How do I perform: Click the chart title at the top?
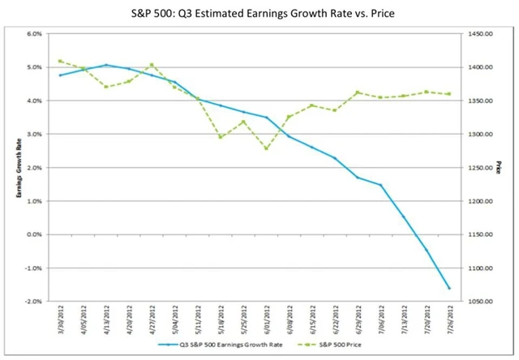[259, 14]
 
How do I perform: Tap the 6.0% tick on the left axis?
[33, 34]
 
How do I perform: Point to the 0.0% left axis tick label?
[33, 234]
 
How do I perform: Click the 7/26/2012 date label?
[448, 319]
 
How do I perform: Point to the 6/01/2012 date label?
[267, 319]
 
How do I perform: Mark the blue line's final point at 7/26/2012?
[448, 288]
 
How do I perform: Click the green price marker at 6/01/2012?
[267, 148]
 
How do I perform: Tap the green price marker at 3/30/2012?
[60, 61]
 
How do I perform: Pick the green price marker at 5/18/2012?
[221, 137]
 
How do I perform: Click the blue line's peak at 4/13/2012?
[106, 65]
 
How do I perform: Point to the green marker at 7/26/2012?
[448, 94]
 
